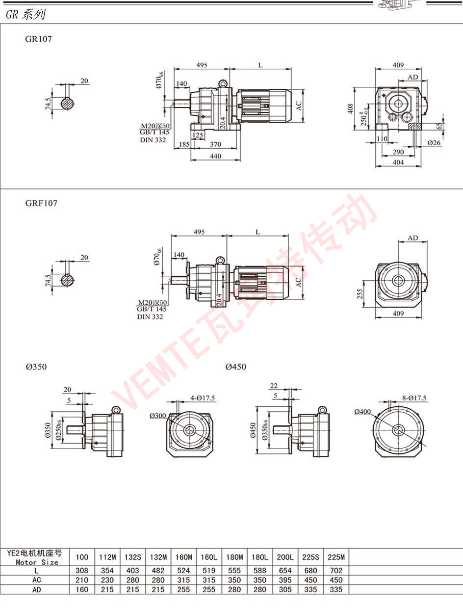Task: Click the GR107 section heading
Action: [38, 39]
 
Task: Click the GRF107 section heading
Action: [41, 203]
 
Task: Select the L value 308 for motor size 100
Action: [82, 571]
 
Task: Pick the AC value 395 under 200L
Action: [285, 580]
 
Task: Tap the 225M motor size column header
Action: [336, 557]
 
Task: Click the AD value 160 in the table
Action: [82, 589]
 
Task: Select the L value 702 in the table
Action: [336, 571]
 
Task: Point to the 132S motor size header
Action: [133, 557]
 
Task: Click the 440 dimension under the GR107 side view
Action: [216, 156]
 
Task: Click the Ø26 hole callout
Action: [434, 143]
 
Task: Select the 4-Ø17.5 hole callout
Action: [203, 398]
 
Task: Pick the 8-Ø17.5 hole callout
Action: [414, 398]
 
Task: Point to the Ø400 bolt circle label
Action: [362, 412]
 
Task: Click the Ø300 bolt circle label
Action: [157, 416]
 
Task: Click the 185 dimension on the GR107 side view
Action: [184, 144]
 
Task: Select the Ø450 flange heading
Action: [236, 367]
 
